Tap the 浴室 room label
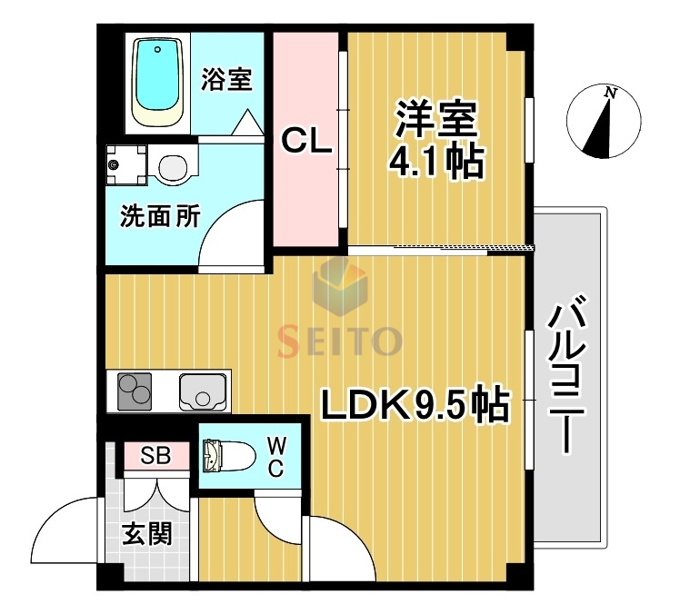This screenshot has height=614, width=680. tap(226, 79)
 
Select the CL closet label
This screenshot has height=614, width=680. tap(306, 141)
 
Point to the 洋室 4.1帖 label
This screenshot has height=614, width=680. tap(435, 140)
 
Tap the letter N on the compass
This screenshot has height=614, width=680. tap(612, 94)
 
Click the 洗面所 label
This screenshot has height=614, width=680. tap(160, 217)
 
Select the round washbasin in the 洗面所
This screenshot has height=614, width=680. tap(172, 167)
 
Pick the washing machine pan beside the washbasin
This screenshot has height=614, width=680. tap(125, 165)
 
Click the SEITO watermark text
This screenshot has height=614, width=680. tap(339, 341)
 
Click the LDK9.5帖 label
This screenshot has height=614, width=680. tap(415, 407)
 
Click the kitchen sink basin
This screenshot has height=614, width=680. tap(201, 391)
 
